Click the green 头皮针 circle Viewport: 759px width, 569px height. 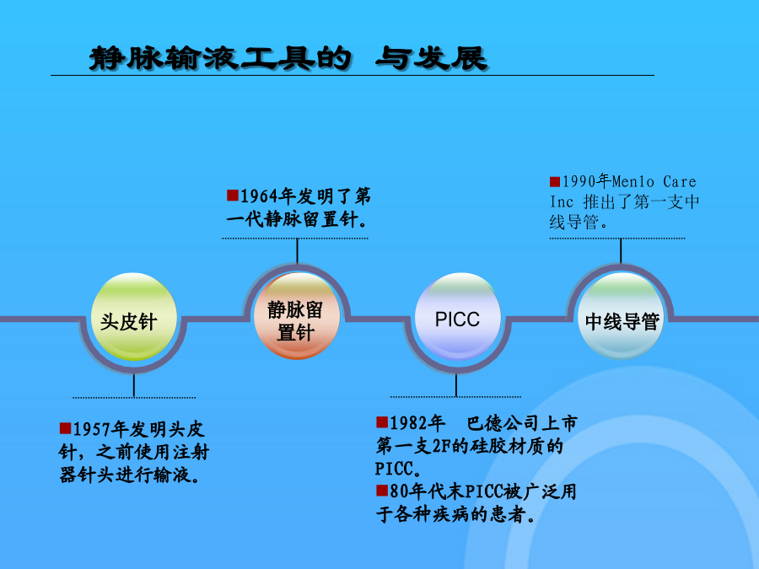click(x=133, y=316)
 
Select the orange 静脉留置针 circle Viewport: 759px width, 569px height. click(x=297, y=316)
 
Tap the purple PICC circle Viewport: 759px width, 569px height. click(x=458, y=316)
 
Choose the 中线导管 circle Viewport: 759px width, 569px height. click(x=622, y=316)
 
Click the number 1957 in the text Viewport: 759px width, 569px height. click(x=91, y=429)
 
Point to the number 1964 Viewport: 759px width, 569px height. click(x=260, y=196)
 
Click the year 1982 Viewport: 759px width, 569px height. click(x=408, y=423)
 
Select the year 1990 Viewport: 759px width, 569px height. click(x=579, y=181)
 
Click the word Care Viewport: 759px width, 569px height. click(x=680, y=181)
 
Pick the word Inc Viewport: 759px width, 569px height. click(x=562, y=201)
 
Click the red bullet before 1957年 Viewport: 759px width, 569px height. click(x=65, y=428)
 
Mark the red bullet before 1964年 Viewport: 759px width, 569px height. click(x=233, y=195)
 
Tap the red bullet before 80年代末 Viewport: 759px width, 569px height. click(x=382, y=491)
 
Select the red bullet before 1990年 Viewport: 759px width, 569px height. click(x=555, y=181)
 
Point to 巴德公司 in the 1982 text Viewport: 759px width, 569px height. click(x=503, y=423)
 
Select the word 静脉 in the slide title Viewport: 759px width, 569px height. click(x=126, y=58)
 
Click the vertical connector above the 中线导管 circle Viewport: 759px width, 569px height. click(x=621, y=251)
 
